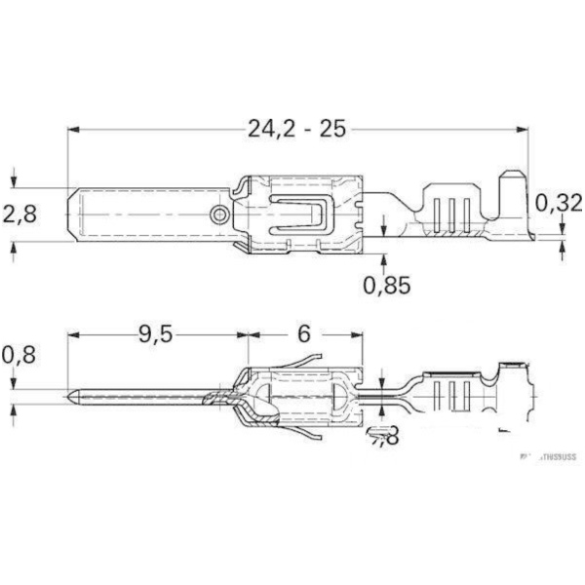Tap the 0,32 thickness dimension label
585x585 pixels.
pos(559,203)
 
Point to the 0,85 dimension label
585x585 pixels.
pos(387,285)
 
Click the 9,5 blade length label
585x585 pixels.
pos(154,334)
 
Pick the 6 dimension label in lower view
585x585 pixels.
pos(302,334)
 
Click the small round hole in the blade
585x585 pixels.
pos(221,214)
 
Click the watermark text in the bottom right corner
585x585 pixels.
pos(548,454)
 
